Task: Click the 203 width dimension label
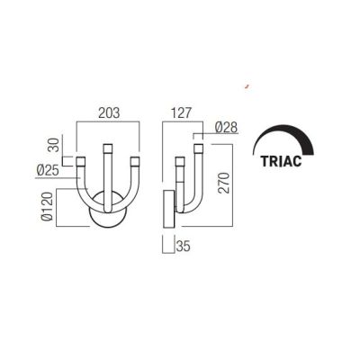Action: point(108,114)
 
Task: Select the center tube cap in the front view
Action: point(108,147)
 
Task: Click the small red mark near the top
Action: point(246,87)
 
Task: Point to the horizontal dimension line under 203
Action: point(108,123)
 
